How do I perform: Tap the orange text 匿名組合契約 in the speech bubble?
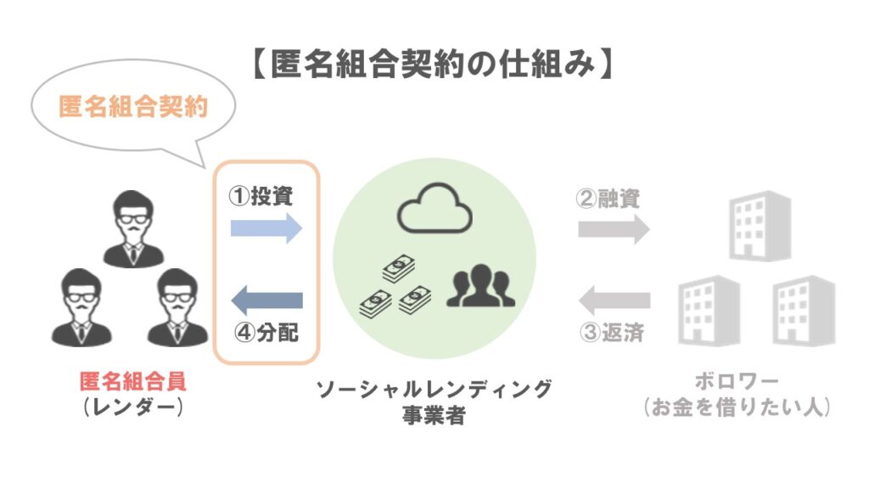(x=133, y=107)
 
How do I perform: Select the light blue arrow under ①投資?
(x=266, y=227)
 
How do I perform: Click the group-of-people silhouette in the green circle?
(x=479, y=285)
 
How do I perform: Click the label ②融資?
(x=608, y=199)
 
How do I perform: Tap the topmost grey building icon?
(x=760, y=223)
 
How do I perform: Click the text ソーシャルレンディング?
(x=434, y=391)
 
